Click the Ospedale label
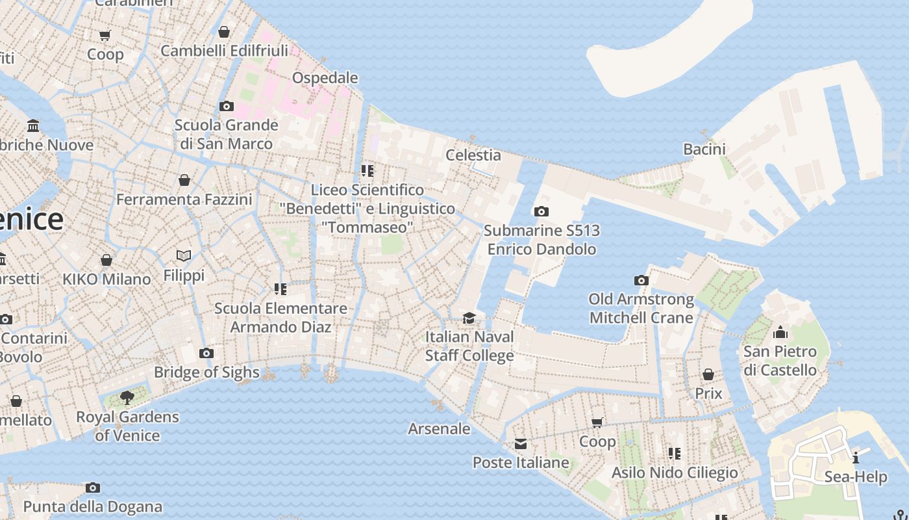tap(325, 78)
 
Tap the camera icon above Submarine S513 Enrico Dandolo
tap(541, 211)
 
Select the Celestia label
tap(473, 155)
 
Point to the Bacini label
tap(704, 149)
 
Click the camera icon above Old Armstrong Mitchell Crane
tap(641, 280)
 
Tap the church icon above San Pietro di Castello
tap(780, 333)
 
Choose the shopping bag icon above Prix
tap(708, 374)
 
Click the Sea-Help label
tap(855, 476)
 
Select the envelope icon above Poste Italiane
tap(521, 444)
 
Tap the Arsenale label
tap(439, 428)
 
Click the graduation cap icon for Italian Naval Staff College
tap(469, 318)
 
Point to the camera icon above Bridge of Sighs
tap(206, 353)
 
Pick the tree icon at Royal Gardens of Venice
tap(127, 397)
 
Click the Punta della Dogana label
tap(93, 506)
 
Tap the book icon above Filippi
tap(184, 255)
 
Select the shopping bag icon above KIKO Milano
tap(106, 260)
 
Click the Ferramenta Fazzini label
tap(184, 199)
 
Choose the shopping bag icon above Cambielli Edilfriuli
tap(224, 32)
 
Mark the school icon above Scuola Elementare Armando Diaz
tap(280, 289)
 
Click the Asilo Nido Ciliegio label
tap(675, 472)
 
